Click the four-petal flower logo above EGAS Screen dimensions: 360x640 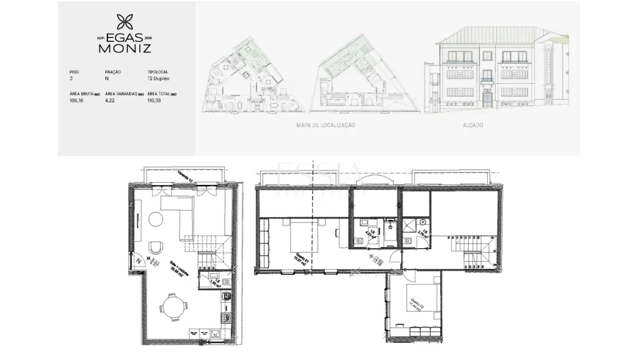click(124, 22)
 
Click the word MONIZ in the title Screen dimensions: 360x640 click(124, 49)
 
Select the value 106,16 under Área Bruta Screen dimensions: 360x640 click(76, 101)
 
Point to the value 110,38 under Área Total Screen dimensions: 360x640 click(154, 101)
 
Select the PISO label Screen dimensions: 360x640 click(74, 72)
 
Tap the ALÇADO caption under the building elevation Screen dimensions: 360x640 click(472, 125)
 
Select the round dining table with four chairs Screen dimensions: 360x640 click(174, 307)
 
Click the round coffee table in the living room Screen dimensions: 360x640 click(155, 219)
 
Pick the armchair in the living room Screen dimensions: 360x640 click(158, 248)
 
